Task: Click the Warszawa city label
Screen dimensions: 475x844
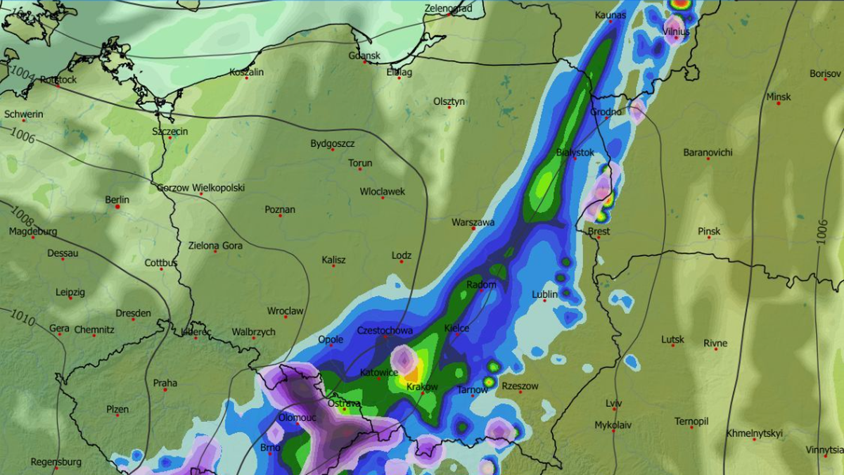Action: (x=473, y=222)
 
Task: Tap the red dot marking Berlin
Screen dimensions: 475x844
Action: (x=118, y=207)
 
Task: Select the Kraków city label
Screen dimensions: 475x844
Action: (x=422, y=387)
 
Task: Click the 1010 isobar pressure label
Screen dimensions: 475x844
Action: (x=23, y=319)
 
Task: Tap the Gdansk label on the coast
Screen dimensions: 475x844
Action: (x=364, y=56)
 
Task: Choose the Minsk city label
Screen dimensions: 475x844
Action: (x=779, y=96)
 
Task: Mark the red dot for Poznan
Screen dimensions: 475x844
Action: (x=280, y=216)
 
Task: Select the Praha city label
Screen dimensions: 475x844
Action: (x=165, y=384)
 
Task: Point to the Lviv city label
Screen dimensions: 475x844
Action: (x=613, y=403)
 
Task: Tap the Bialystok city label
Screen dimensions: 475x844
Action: (x=575, y=152)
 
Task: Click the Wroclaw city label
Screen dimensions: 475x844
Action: (x=285, y=311)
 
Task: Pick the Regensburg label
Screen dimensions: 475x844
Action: (x=56, y=462)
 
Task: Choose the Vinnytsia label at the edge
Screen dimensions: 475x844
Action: (x=824, y=450)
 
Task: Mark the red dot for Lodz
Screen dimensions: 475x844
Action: (x=402, y=262)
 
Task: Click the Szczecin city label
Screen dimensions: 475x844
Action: (x=170, y=132)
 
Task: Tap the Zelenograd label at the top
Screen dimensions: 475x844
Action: (x=448, y=8)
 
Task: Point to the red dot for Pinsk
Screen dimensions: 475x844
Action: (x=709, y=238)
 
